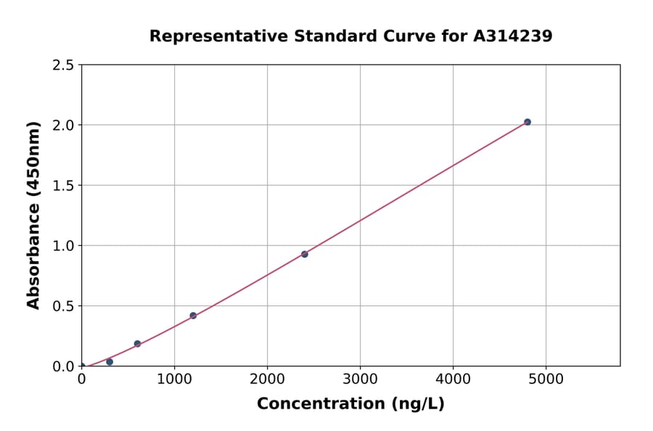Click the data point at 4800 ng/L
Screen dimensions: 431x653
[x=527, y=122]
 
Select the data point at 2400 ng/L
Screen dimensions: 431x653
[x=305, y=254]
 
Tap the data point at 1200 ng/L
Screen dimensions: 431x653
[x=193, y=316]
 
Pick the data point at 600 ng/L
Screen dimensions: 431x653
[x=137, y=344]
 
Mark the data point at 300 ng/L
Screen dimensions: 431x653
[x=110, y=361]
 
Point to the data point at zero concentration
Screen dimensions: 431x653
[x=82, y=366]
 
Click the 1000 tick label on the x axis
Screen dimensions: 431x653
[x=174, y=379]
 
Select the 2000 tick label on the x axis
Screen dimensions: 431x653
[x=267, y=379]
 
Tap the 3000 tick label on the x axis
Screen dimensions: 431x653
[x=360, y=379]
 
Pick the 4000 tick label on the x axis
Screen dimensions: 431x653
[x=453, y=379]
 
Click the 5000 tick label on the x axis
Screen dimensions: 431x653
[x=546, y=379]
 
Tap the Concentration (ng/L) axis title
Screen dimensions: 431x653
[x=350, y=403]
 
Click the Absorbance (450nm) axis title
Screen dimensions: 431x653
[x=33, y=215]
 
